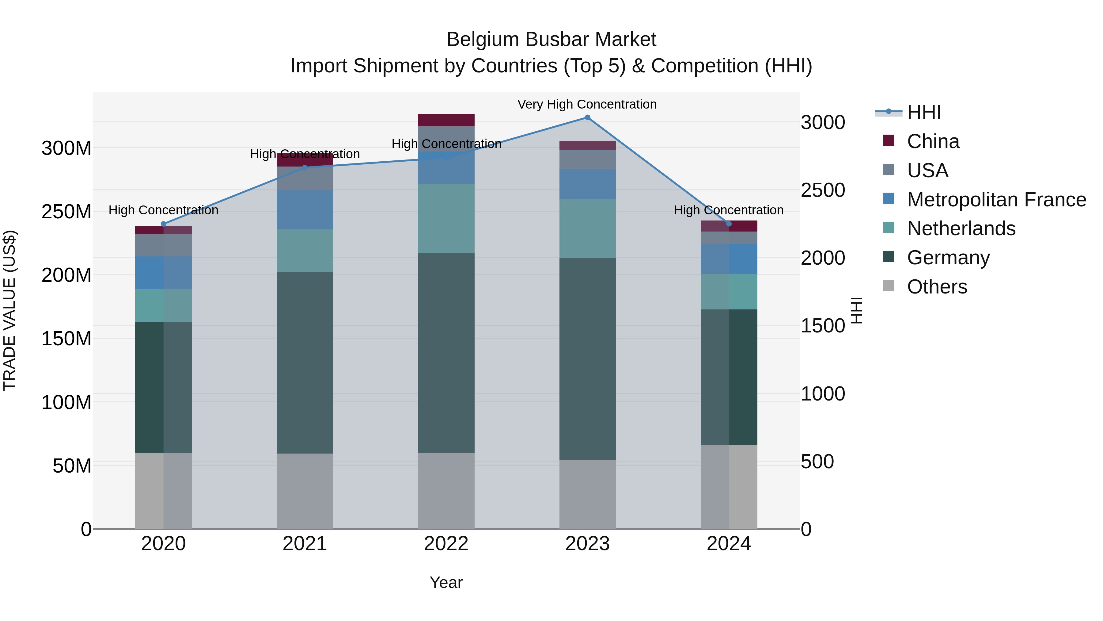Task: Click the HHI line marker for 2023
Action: pos(587,117)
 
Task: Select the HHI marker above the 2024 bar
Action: pos(729,224)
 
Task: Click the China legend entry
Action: pos(933,141)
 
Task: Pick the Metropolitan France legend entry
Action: pos(996,200)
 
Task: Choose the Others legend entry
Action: pos(937,287)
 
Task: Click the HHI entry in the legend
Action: pos(923,112)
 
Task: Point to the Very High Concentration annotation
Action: pos(587,104)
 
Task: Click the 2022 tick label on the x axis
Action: pos(446,544)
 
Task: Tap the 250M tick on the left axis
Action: pos(66,212)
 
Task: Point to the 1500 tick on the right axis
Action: pos(823,326)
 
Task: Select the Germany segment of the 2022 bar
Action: pos(446,352)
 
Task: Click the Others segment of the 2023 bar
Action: pos(587,494)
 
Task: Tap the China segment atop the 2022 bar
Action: pos(446,120)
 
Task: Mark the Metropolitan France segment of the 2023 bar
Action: pos(587,184)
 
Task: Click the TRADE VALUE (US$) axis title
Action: pos(9,310)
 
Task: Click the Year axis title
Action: pos(446,582)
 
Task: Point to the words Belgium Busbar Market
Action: pos(551,40)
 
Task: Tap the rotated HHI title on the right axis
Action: pos(856,310)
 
